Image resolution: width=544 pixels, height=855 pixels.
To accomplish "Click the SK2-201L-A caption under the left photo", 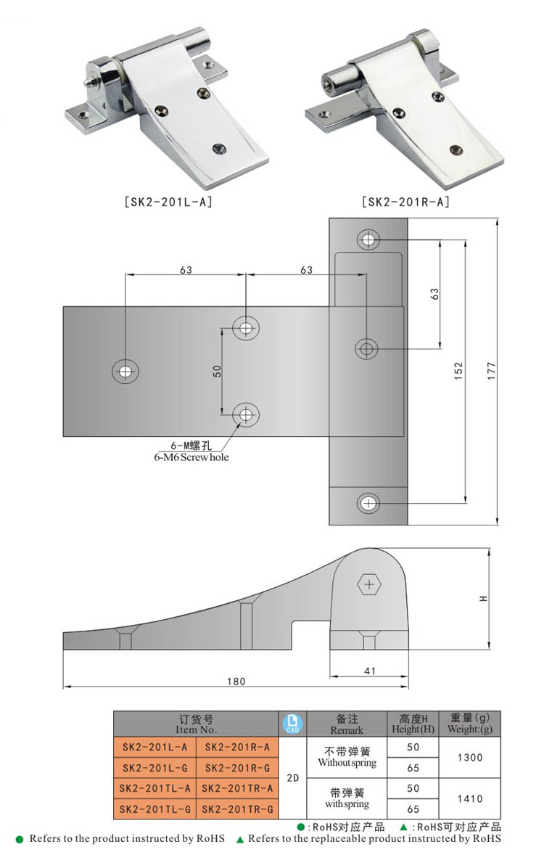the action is click(168, 202).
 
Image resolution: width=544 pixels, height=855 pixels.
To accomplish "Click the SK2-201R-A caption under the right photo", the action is click(405, 202).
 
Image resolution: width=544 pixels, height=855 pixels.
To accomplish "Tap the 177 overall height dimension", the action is click(492, 371).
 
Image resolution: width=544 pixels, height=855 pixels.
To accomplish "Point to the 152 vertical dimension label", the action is click(458, 371).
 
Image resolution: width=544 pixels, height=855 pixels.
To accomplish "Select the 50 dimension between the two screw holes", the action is click(217, 372).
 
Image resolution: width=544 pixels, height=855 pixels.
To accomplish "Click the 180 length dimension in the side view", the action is click(236, 681).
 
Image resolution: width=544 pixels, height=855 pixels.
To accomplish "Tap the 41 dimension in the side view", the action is click(370, 671).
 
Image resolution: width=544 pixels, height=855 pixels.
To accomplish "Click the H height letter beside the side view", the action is click(484, 598).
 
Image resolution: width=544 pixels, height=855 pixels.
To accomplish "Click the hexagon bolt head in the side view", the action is click(369, 584).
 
